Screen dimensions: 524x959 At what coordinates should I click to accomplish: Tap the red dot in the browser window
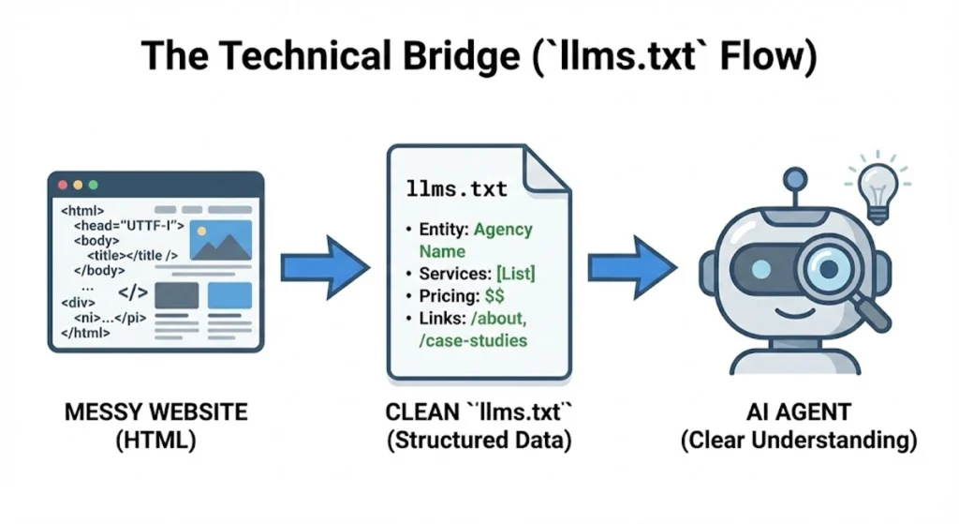coord(64,186)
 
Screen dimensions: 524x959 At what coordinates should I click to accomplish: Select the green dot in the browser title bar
coord(93,186)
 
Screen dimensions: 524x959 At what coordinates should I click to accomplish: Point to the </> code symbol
coord(132,292)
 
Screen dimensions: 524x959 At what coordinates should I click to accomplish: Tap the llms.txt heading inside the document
coord(457,188)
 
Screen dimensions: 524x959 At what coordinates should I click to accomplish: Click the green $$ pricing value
coord(494,296)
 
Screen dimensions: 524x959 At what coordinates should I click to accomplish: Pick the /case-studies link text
coord(473,340)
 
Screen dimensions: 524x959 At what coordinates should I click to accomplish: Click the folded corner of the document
coord(549,169)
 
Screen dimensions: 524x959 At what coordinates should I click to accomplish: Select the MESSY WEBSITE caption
coord(155,413)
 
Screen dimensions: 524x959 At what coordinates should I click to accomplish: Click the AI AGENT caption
coord(798,413)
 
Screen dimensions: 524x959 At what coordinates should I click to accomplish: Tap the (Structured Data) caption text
coord(479,442)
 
